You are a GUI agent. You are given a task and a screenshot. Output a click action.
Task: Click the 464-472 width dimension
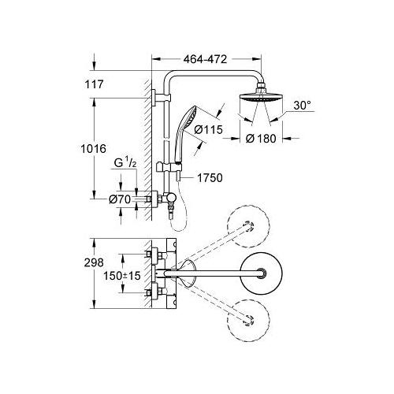point(205,59)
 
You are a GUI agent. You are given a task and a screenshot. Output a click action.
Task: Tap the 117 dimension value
point(94,84)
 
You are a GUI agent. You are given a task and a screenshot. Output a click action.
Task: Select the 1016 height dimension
point(93,149)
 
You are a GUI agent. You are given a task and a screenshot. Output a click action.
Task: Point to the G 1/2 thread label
point(125,163)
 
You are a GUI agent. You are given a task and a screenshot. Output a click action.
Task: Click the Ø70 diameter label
point(120,199)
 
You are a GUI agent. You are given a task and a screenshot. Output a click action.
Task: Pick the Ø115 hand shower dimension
point(208,129)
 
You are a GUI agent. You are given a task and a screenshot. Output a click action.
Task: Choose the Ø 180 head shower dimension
point(261,139)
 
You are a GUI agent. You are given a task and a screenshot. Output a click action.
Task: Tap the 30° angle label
point(302,106)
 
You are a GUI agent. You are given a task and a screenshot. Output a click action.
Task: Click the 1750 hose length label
point(210,178)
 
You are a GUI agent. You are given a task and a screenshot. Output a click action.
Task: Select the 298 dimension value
point(94,262)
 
